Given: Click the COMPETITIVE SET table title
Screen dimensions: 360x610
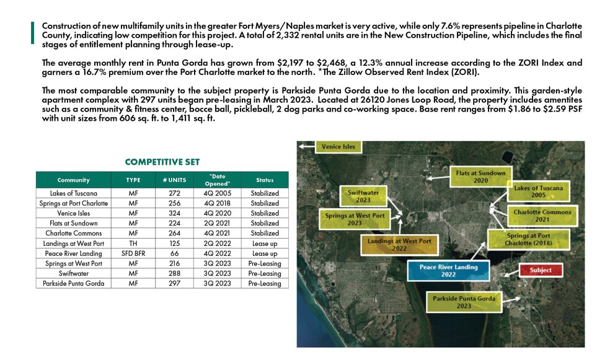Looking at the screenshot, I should (x=162, y=162).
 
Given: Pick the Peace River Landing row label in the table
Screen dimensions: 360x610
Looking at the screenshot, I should (x=73, y=253).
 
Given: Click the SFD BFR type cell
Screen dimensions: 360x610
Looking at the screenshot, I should (x=133, y=253).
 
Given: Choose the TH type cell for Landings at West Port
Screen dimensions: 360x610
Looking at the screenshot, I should (x=133, y=244).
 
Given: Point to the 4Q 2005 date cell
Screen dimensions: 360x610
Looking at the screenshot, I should (x=214, y=193).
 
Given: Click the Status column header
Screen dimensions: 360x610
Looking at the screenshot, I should (x=265, y=180).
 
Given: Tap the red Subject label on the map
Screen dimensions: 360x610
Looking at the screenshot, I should (x=541, y=270).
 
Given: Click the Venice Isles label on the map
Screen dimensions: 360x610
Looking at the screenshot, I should (x=338, y=147).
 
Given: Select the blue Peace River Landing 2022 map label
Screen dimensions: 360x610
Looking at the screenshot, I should (x=448, y=271).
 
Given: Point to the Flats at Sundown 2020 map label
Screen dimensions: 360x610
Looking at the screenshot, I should (x=481, y=177).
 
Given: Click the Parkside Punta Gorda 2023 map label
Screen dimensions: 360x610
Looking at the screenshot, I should (x=465, y=302).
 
